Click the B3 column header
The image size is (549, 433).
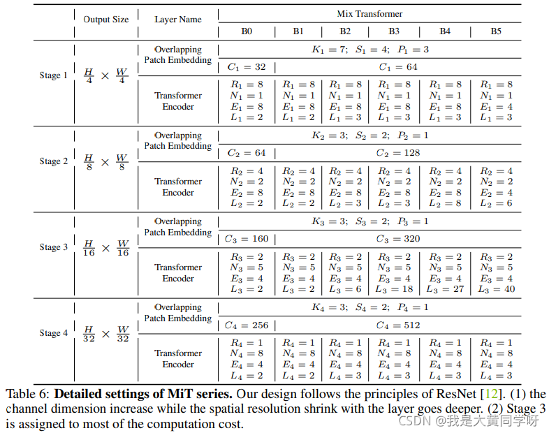pyautogui.click(x=393, y=31)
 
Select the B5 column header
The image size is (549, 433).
pyautogui.click(x=495, y=31)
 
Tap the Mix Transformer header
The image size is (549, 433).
pyautogui.click(x=369, y=13)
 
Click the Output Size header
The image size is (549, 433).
pyautogui.click(x=106, y=20)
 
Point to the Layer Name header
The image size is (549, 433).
pyautogui.click(x=177, y=20)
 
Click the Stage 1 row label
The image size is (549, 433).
pyautogui.click(x=54, y=75)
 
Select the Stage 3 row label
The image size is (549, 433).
pyautogui.click(x=54, y=247)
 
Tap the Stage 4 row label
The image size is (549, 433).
pyautogui.click(x=54, y=333)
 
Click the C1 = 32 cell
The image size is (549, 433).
pyautogui.click(x=247, y=67)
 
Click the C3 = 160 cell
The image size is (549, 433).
pyautogui.click(x=247, y=239)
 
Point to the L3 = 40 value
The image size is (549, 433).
pyautogui.click(x=496, y=289)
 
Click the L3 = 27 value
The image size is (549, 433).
pyautogui.click(x=445, y=289)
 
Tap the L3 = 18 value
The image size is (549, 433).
pyautogui.click(x=395, y=289)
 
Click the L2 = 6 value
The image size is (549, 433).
pyautogui.click(x=496, y=203)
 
